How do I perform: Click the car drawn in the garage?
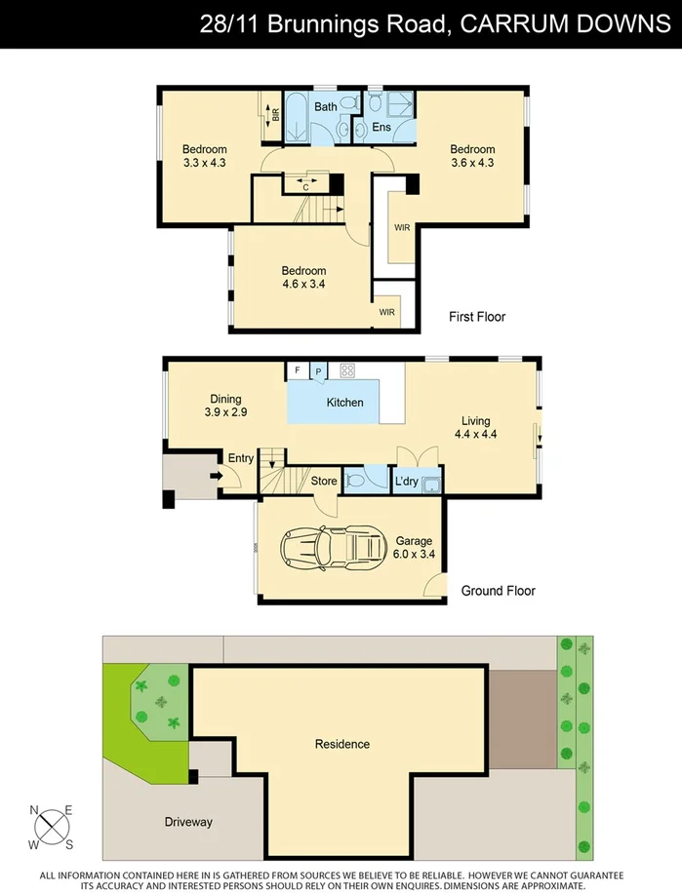(x=332, y=549)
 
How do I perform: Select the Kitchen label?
(x=344, y=403)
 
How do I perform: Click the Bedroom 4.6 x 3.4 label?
(x=303, y=278)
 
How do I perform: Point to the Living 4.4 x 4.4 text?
(x=476, y=428)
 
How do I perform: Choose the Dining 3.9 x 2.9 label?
(x=224, y=406)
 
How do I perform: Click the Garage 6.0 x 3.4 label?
(x=413, y=548)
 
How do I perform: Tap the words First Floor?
(x=477, y=317)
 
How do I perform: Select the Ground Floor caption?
(x=498, y=591)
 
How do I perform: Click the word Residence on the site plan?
(x=341, y=744)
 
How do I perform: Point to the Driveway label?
(x=188, y=822)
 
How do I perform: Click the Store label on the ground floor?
(x=323, y=481)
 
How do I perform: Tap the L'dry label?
(x=407, y=481)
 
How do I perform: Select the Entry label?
(x=240, y=458)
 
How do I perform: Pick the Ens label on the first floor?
(x=382, y=128)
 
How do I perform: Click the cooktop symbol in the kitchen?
(x=346, y=370)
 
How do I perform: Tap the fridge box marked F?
(x=297, y=370)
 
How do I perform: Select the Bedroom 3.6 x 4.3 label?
(x=471, y=156)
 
